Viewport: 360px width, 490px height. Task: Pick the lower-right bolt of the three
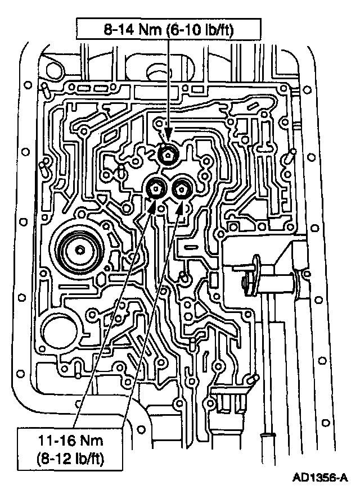(181, 189)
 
